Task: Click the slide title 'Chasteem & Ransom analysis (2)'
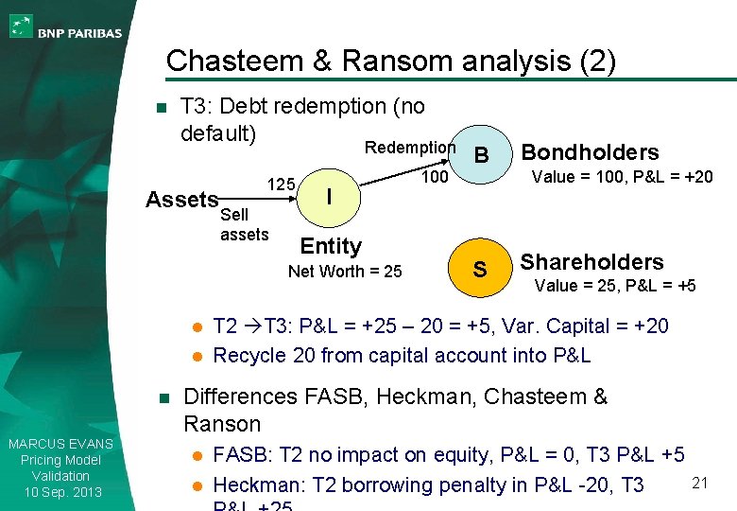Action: pyautogui.click(x=390, y=62)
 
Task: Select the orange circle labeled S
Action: pyautogui.click(x=480, y=270)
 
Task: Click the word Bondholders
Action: pyautogui.click(x=590, y=152)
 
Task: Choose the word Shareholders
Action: pyautogui.click(x=591, y=262)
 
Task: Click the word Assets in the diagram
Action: pyautogui.click(x=181, y=200)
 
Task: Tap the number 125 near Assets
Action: pyautogui.click(x=283, y=183)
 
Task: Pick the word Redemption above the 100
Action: pyautogui.click(x=410, y=148)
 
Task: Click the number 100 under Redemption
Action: pyautogui.click(x=434, y=176)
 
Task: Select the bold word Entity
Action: pyautogui.click(x=331, y=246)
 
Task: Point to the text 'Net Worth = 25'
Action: pyautogui.click(x=345, y=272)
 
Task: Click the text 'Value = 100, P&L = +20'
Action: pyautogui.click(x=623, y=176)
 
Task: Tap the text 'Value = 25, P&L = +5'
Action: pyautogui.click(x=615, y=286)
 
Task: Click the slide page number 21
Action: pyautogui.click(x=700, y=484)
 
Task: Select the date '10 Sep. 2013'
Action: pyautogui.click(x=60, y=492)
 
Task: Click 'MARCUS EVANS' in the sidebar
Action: pyautogui.click(x=60, y=444)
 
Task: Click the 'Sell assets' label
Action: pyautogui.click(x=244, y=224)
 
